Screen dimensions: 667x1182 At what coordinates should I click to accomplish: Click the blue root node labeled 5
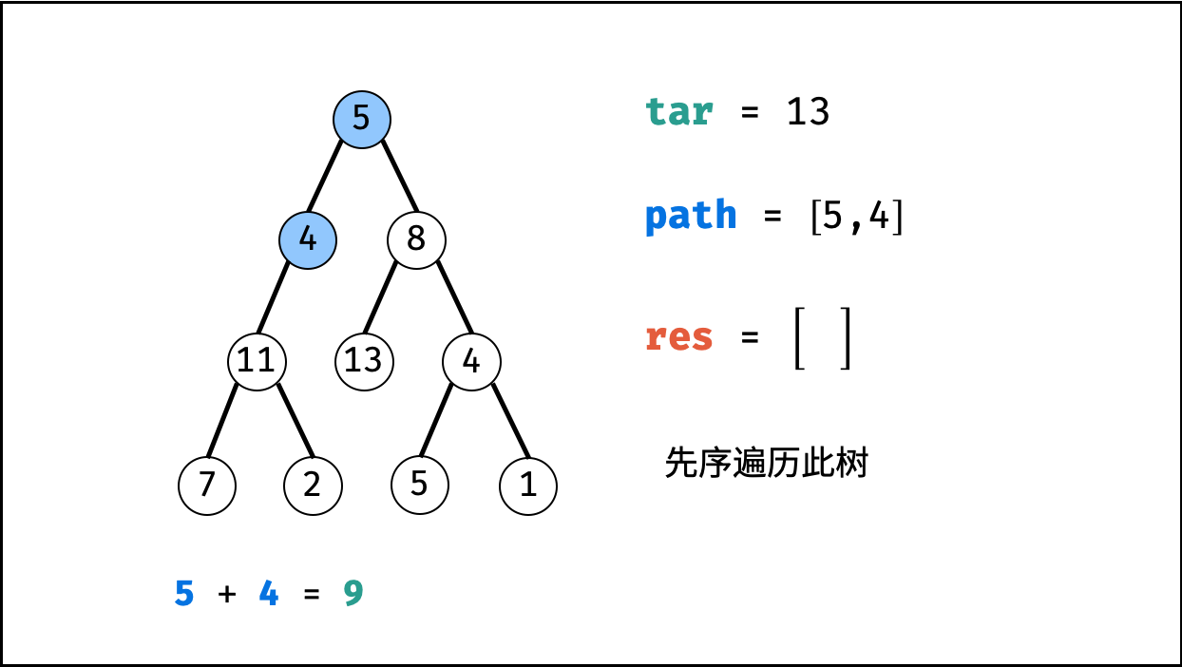(x=362, y=119)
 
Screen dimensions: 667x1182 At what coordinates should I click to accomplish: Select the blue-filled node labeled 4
(x=308, y=238)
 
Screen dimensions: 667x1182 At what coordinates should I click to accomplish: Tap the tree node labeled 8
(x=416, y=238)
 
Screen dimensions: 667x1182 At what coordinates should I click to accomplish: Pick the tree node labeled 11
(x=257, y=361)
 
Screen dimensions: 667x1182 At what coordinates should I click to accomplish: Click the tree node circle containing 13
(x=364, y=361)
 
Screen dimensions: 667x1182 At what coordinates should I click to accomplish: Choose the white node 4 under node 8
(x=471, y=361)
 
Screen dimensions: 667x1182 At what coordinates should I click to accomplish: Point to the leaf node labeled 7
(x=207, y=486)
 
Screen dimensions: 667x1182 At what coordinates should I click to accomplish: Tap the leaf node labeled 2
(x=313, y=486)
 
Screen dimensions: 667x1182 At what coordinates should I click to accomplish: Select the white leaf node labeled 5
(x=420, y=486)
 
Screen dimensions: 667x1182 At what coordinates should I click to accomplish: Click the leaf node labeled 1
(x=528, y=486)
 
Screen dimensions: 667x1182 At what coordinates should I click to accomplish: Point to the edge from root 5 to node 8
(x=399, y=177)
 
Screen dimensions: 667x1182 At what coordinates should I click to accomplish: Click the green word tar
(x=678, y=112)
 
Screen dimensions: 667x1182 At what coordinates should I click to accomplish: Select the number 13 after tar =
(x=808, y=112)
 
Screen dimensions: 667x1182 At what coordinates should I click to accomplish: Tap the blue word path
(x=691, y=218)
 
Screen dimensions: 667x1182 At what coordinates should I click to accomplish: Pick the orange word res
(x=678, y=337)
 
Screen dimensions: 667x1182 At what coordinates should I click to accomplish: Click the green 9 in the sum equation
(x=353, y=594)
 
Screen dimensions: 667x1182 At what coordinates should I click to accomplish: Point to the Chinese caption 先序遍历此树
(x=767, y=464)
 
